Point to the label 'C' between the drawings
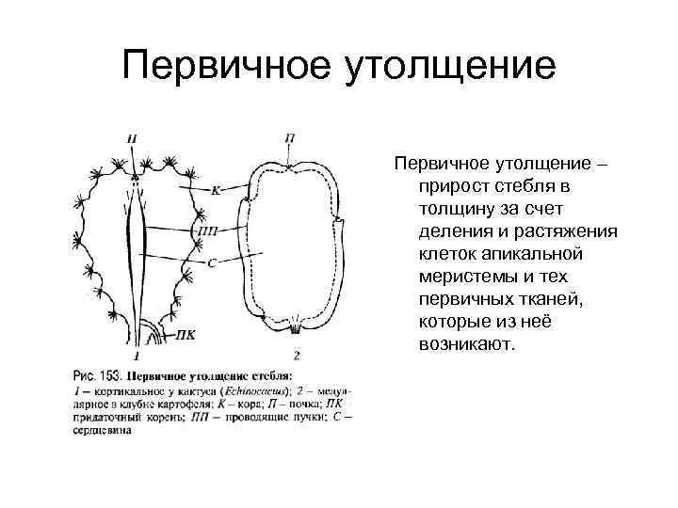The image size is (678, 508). (x=212, y=262)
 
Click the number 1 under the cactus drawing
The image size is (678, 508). (x=137, y=357)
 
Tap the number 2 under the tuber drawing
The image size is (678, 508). (x=297, y=356)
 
